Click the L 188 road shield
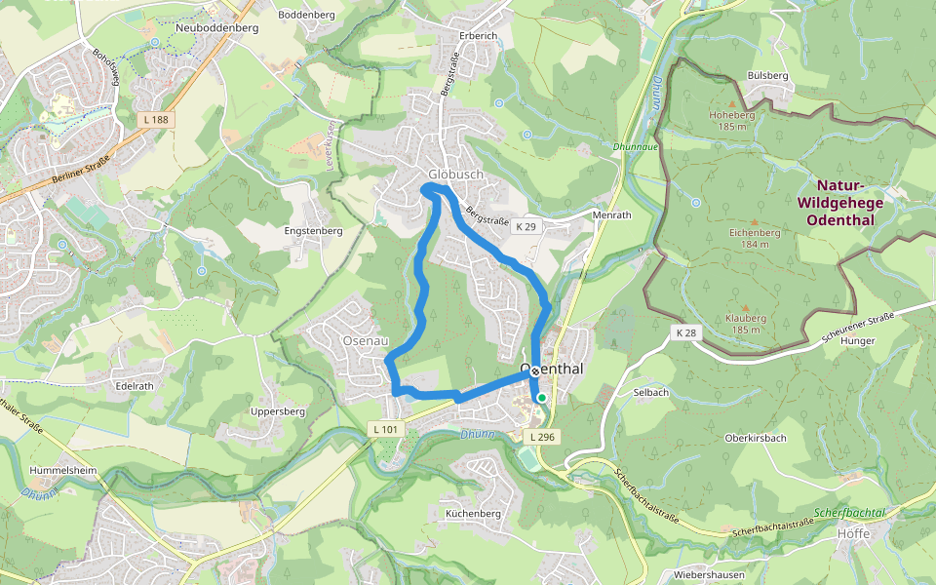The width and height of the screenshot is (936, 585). click(155, 119)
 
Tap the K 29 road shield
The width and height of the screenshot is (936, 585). click(526, 226)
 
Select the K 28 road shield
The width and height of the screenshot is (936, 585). click(686, 333)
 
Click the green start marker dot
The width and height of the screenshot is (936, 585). click(542, 398)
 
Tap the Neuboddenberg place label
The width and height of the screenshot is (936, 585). click(216, 28)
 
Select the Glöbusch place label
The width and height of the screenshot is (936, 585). click(455, 175)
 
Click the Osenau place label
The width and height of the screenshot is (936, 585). click(366, 340)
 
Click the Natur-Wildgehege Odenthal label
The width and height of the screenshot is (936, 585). click(839, 202)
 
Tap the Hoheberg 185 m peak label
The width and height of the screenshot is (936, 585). click(732, 120)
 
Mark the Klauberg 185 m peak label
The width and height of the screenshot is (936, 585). click(746, 324)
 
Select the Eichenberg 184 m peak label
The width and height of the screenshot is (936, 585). click(753, 238)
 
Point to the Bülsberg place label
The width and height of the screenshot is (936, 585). click(767, 75)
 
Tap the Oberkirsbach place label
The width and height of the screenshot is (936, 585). click(756, 437)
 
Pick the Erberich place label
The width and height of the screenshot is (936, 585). click(479, 36)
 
